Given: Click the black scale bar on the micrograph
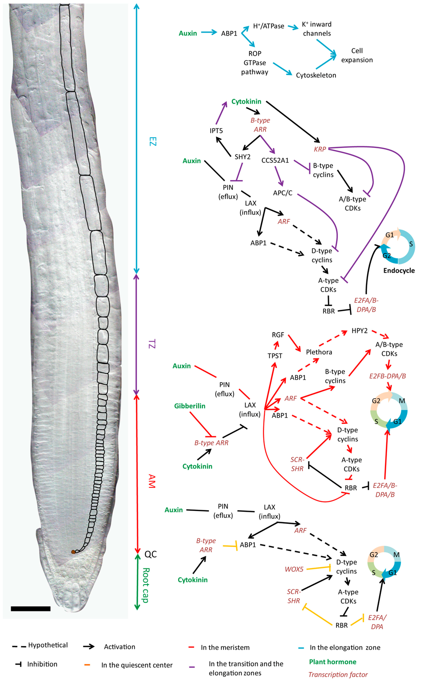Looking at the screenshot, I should (31, 608).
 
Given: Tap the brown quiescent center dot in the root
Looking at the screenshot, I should (73, 552).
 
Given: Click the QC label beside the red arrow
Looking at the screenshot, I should (150, 554).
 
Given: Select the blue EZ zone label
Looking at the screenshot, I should (152, 142).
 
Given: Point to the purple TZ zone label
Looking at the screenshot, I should (152, 344).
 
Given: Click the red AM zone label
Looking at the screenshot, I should (152, 481).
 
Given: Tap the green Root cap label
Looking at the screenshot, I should (146, 585).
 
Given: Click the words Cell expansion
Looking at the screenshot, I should (356, 55).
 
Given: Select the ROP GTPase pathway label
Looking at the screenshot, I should (254, 63).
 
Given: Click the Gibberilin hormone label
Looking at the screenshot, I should (190, 406).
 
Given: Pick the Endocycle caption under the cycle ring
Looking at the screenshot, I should (399, 271).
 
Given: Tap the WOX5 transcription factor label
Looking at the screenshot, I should (294, 569).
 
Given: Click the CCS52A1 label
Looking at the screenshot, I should (275, 160).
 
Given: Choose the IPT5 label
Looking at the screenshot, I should (216, 131).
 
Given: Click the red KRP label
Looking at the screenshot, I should (320, 149).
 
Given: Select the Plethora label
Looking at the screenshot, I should (319, 352).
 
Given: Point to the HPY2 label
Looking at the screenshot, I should (359, 331).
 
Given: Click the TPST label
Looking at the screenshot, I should (275, 356).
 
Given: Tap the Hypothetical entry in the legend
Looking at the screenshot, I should (48, 645).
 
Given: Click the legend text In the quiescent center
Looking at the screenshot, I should (137, 665).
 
